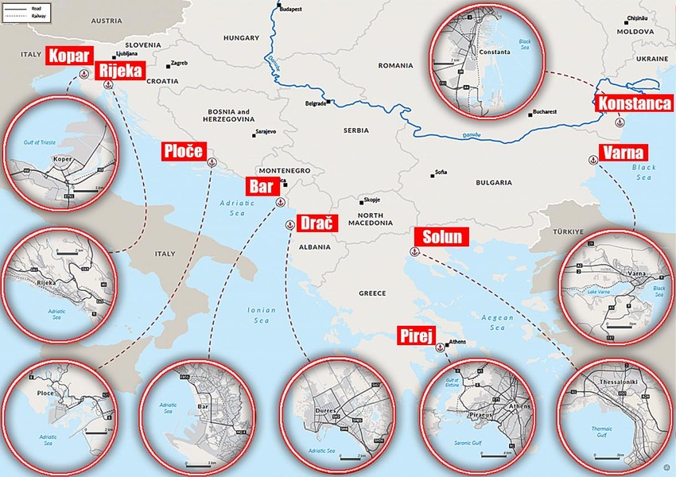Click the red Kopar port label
[70, 56]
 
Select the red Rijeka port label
[118, 72]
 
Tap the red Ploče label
[183, 151]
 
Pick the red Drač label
[317, 223]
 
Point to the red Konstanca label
[633, 103]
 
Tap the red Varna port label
[624, 153]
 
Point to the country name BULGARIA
[492, 182]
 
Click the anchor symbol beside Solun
[414, 251]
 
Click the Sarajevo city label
[265, 131]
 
